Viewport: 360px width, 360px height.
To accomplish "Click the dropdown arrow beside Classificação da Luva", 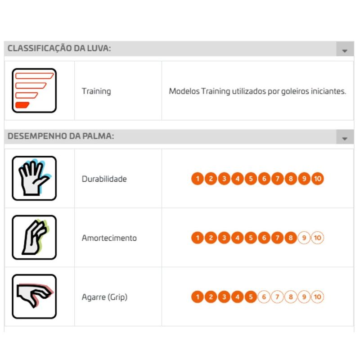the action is (345, 51).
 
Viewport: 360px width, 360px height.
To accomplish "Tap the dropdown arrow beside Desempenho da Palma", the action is (345, 139).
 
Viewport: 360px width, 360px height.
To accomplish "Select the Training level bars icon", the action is (34, 90).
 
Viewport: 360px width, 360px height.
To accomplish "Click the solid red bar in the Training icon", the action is (22, 105).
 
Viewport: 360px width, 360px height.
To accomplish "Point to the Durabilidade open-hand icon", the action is (34, 178).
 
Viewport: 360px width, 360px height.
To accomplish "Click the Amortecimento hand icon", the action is (34, 238).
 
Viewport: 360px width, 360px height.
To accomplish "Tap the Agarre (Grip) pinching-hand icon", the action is (34, 297).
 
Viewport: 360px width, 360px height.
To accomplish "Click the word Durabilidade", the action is (104, 179).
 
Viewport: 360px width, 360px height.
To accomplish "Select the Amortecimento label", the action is (109, 238).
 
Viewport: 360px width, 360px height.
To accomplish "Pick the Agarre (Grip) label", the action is (105, 297).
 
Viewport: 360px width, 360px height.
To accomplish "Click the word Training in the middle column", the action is (96, 91).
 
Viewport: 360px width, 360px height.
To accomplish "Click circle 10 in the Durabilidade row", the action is (318, 179).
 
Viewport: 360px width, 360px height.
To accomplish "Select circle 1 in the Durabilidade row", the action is (198, 179).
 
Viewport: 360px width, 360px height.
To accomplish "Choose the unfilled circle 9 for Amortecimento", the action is (304, 238).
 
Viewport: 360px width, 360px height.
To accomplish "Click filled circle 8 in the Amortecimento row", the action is (291, 238).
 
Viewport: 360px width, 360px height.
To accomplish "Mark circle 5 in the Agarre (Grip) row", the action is (251, 297).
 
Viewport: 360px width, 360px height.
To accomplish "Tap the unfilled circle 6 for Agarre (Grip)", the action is (264, 297).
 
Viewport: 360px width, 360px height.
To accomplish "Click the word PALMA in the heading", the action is (98, 136).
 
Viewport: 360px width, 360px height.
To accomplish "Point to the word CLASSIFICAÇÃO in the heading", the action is (40, 48).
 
